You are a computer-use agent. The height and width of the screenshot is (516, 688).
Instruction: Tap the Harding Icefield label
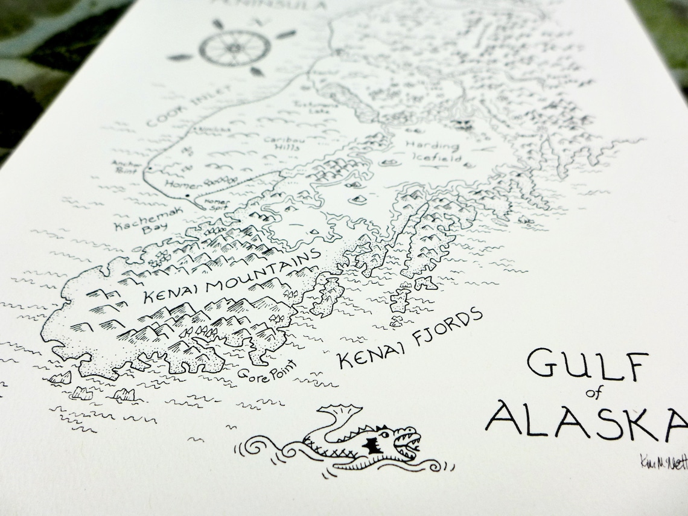coord(432,151)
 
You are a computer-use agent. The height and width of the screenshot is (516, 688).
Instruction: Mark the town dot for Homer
coord(188,197)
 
